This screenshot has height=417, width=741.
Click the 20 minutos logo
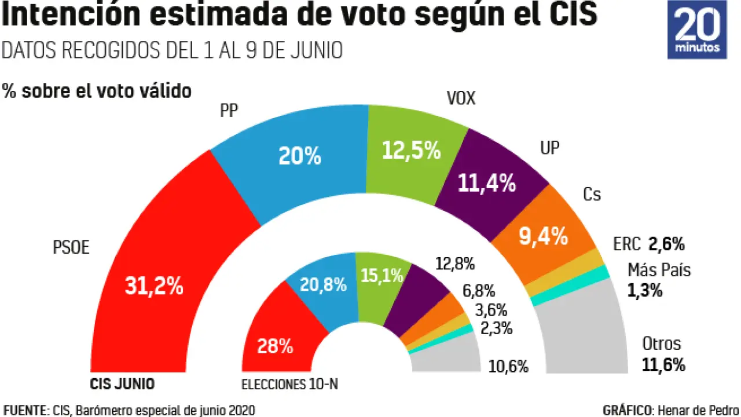(697, 30)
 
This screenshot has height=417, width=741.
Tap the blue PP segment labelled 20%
(299, 157)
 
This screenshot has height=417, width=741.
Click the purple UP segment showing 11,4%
(486, 183)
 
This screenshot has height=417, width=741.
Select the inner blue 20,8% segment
(322, 285)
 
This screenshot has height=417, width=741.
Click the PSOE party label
(71, 248)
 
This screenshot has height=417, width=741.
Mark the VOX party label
(461, 99)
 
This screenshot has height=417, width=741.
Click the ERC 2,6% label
(648, 244)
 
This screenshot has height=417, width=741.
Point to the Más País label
(659, 270)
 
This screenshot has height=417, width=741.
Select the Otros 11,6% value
(663, 365)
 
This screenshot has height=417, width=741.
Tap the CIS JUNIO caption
(123, 383)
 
